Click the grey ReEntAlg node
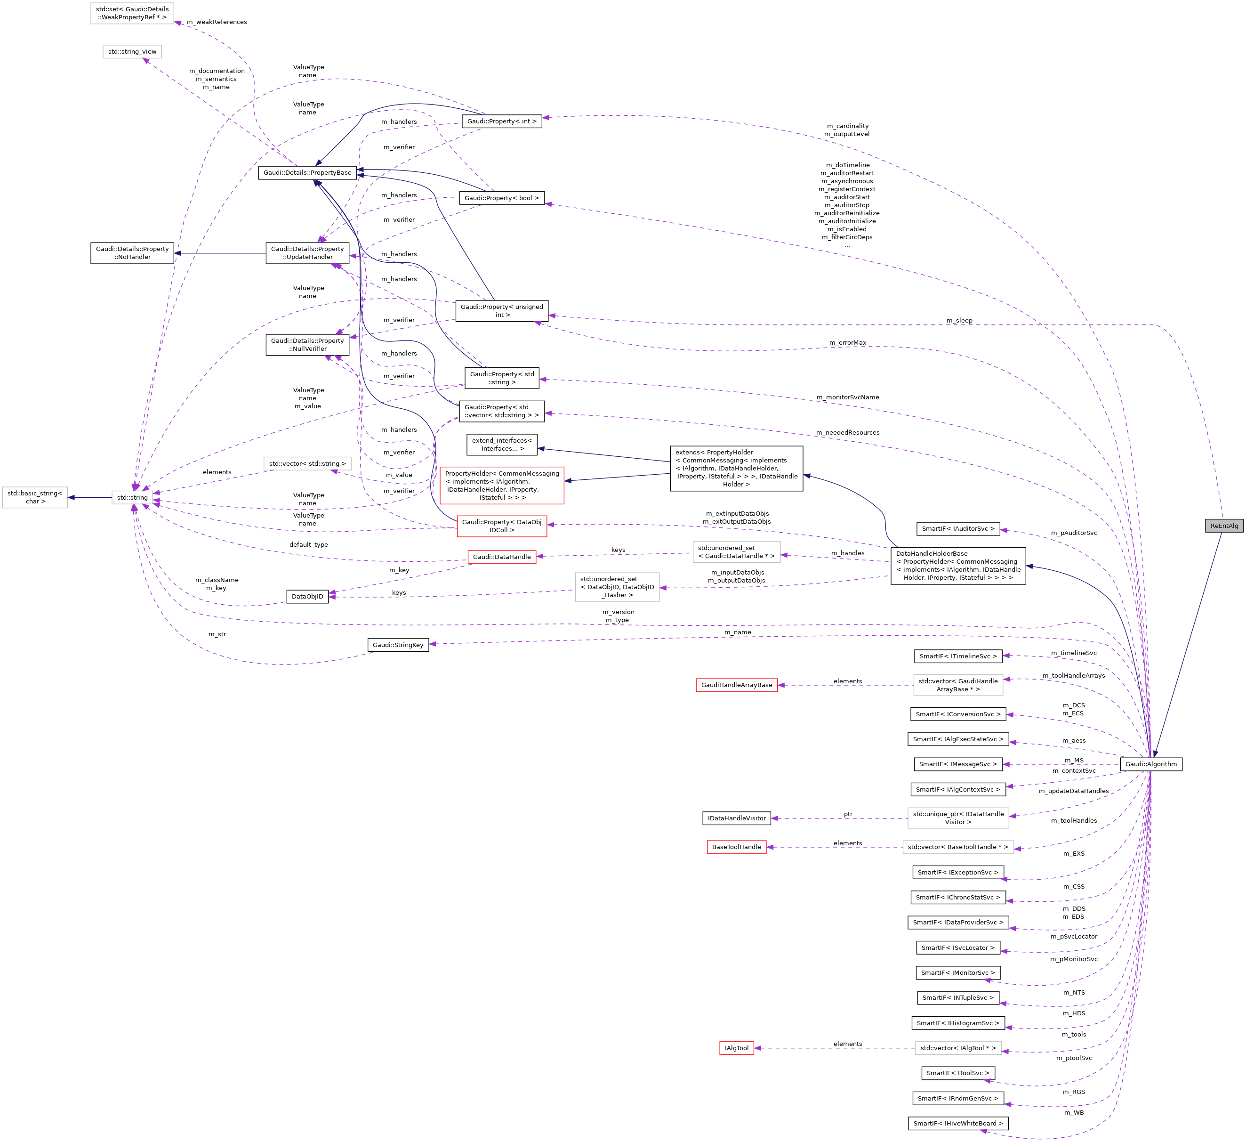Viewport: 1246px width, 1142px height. point(1224,526)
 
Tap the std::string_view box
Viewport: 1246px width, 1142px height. point(132,51)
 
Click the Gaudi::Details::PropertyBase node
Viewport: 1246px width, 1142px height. point(307,172)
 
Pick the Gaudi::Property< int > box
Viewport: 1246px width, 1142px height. point(501,121)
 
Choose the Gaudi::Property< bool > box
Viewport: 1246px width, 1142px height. point(501,198)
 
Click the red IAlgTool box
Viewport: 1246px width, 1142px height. point(736,1048)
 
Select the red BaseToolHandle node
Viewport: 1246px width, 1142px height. point(736,847)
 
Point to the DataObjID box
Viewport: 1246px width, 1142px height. point(307,597)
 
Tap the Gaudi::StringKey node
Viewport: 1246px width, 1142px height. point(398,645)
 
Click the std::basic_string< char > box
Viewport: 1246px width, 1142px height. point(35,497)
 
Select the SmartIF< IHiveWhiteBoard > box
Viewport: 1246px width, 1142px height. point(958,1124)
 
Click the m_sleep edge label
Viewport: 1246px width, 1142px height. point(959,320)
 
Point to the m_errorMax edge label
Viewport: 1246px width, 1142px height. point(847,342)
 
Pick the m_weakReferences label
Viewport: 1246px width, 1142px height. point(217,22)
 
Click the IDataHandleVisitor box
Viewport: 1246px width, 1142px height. point(736,818)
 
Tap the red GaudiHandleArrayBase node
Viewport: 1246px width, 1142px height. point(736,685)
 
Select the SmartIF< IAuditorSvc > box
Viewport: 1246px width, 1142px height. point(958,529)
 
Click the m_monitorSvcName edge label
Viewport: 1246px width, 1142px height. point(847,397)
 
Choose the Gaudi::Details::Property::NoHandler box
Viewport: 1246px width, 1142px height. point(132,253)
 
